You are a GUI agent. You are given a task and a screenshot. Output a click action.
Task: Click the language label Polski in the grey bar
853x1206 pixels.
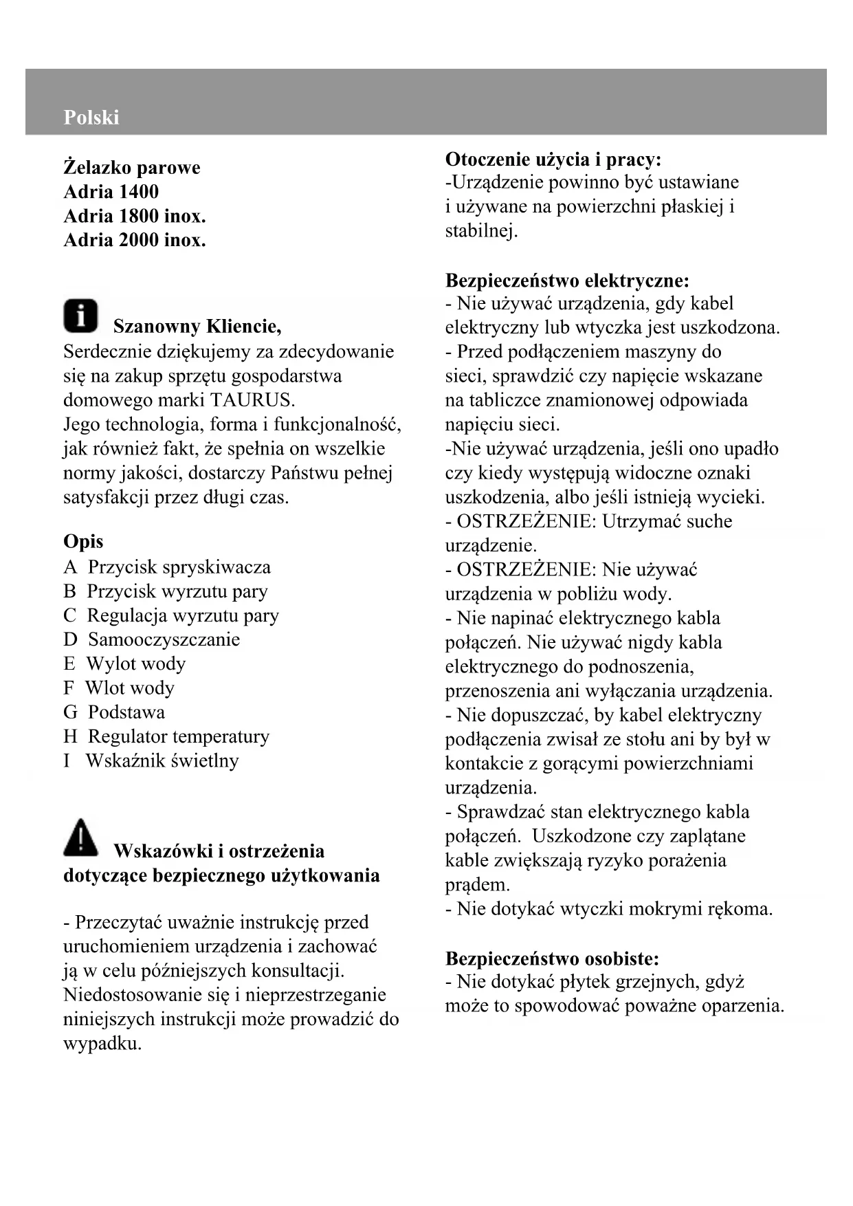pyautogui.click(x=91, y=118)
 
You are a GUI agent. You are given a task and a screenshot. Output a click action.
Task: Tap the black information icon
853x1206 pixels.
pyautogui.click(x=80, y=316)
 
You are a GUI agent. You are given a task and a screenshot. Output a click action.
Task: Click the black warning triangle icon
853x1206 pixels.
pyautogui.click(x=81, y=837)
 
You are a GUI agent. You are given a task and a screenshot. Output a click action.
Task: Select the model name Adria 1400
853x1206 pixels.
pyautogui.click(x=111, y=192)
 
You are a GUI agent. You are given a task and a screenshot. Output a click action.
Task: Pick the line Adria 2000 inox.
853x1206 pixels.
pyautogui.click(x=135, y=240)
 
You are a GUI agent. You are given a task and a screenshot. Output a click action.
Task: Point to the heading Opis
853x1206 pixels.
pyautogui.click(x=83, y=542)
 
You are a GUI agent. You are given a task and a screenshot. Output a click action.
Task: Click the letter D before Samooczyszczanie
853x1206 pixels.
pyautogui.click(x=70, y=640)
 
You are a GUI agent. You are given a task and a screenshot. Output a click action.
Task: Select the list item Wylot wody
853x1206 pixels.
pyautogui.click(x=136, y=664)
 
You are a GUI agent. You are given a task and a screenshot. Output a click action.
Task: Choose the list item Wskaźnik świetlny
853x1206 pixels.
pyautogui.click(x=162, y=761)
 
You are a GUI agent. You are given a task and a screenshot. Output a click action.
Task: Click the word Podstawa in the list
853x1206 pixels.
pyautogui.click(x=126, y=712)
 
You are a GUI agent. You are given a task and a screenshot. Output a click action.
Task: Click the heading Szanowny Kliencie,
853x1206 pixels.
pyautogui.click(x=197, y=326)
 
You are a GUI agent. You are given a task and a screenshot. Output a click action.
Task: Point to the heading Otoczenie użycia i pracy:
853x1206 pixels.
pyautogui.click(x=553, y=160)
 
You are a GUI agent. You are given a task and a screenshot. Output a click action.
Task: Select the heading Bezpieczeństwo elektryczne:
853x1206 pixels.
pyautogui.click(x=567, y=281)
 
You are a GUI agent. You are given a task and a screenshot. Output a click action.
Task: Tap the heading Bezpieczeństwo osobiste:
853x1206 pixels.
pyautogui.click(x=552, y=958)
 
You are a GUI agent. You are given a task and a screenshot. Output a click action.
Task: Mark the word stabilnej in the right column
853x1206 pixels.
pyautogui.click(x=480, y=231)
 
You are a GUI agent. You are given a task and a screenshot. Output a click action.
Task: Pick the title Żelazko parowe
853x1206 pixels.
pyautogui.click(x=132, y=168)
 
